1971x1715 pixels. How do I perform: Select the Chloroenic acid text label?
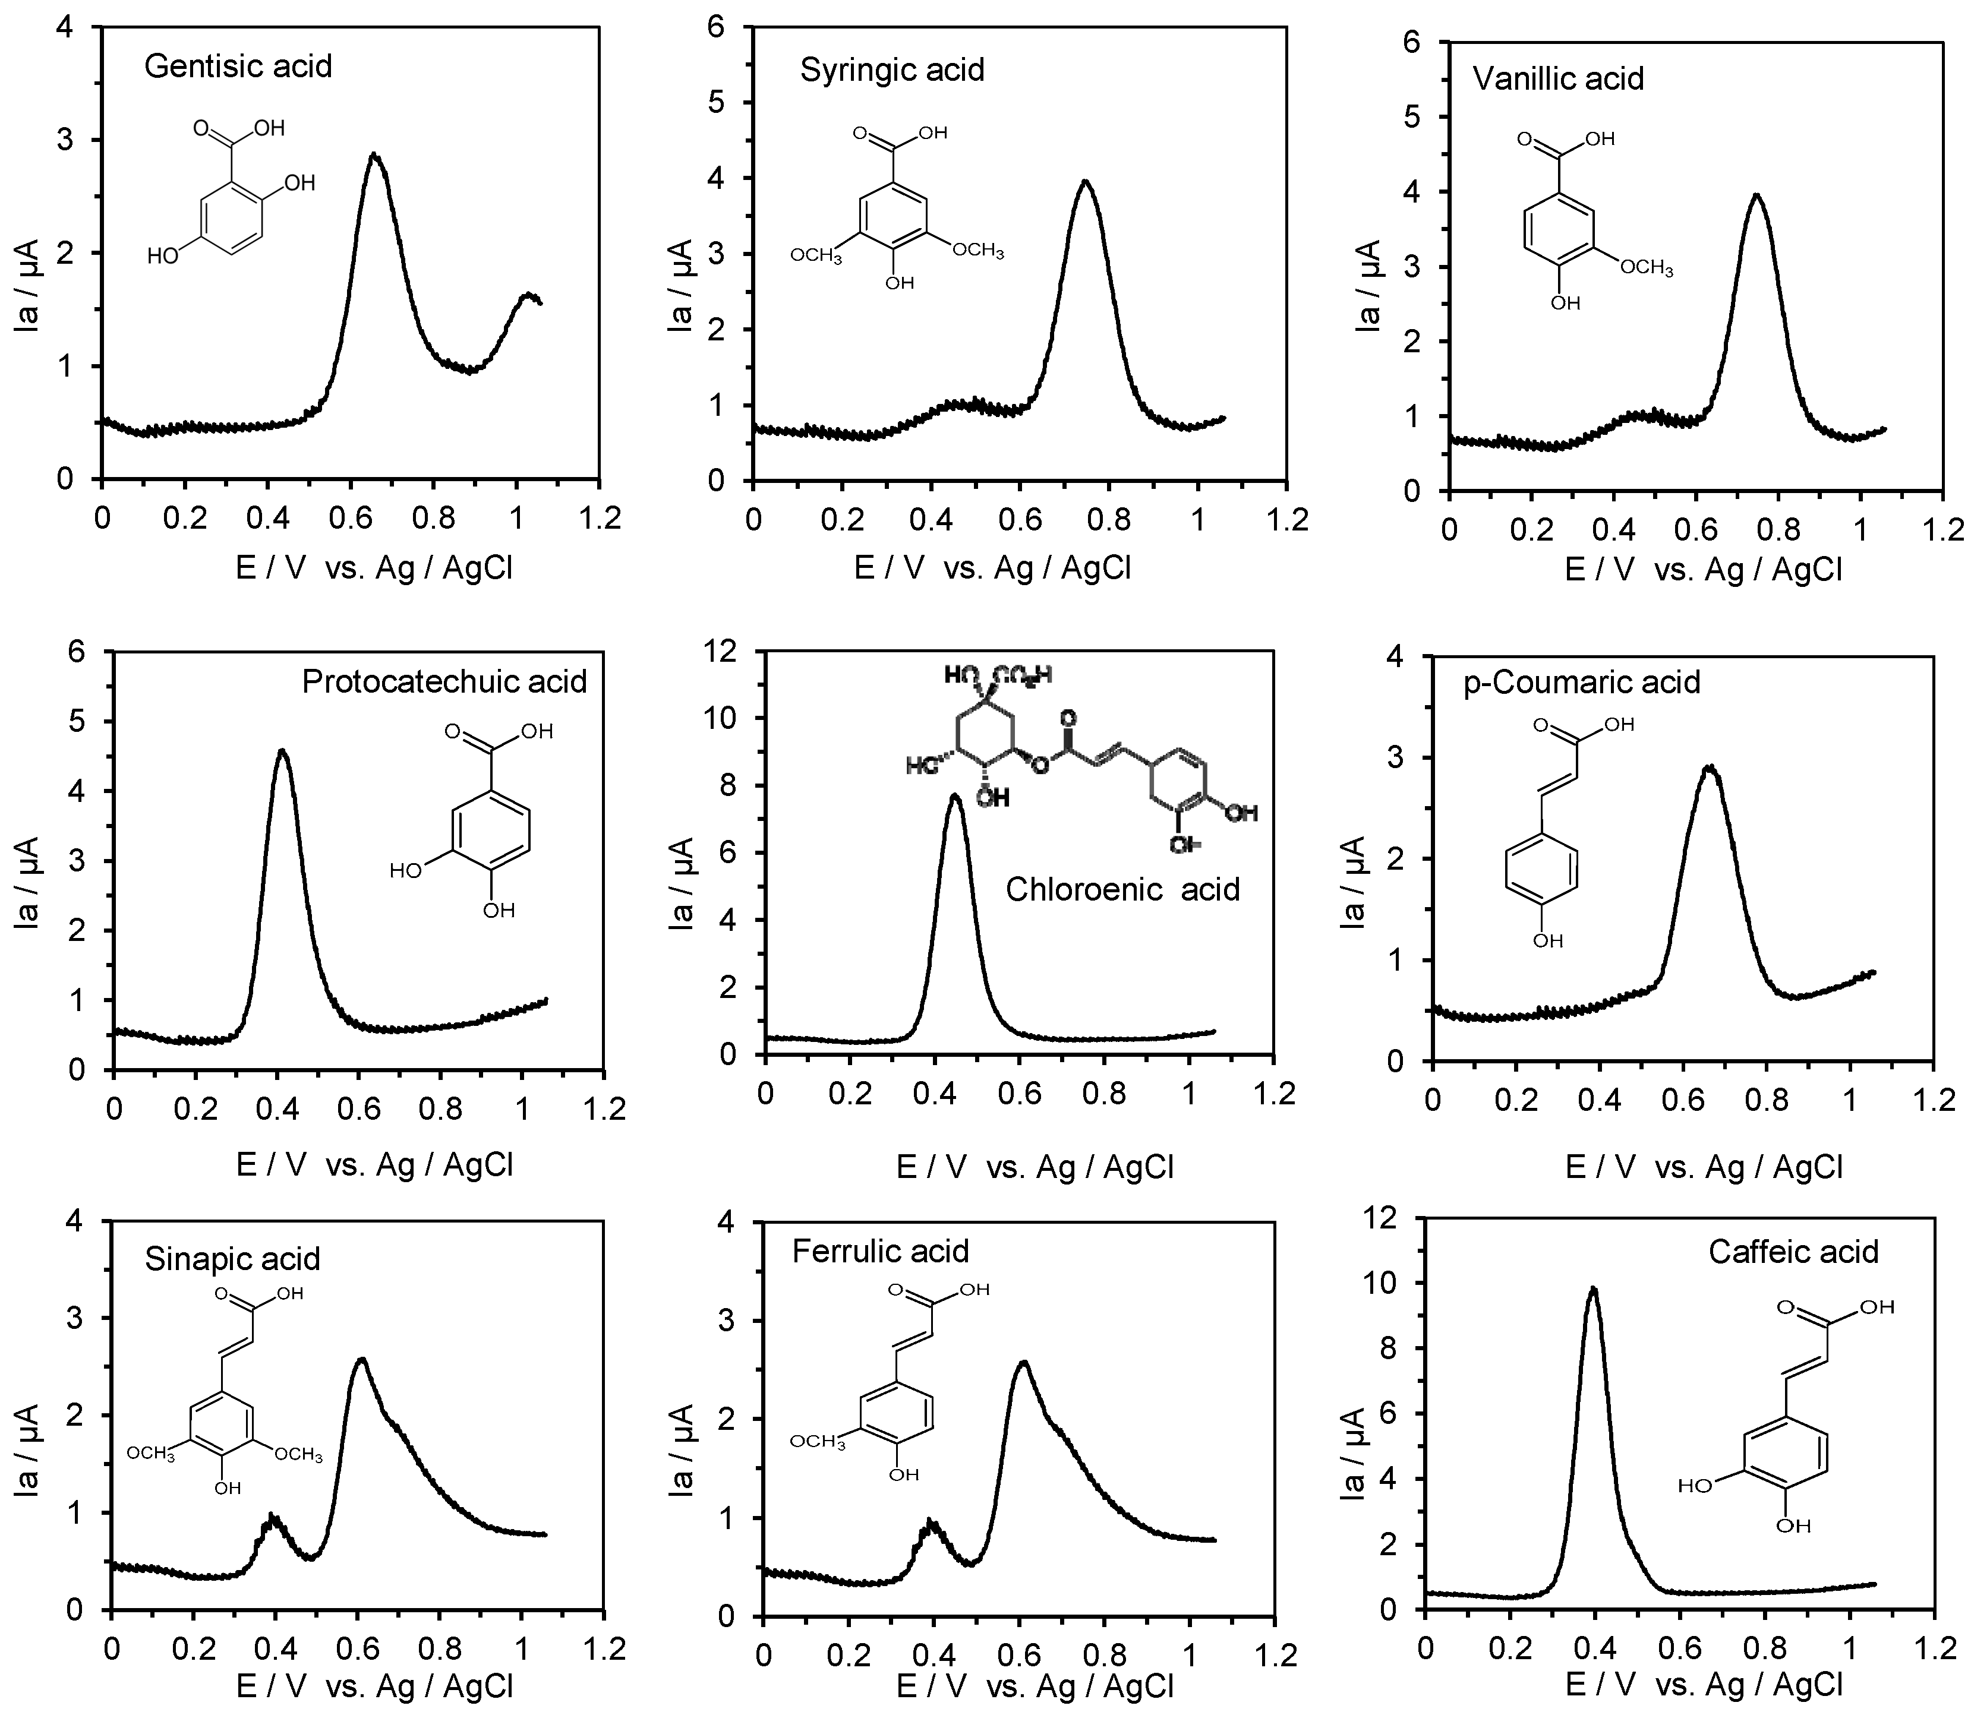click(1122, 889)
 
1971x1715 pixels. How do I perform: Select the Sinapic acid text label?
click(232, 1259)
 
